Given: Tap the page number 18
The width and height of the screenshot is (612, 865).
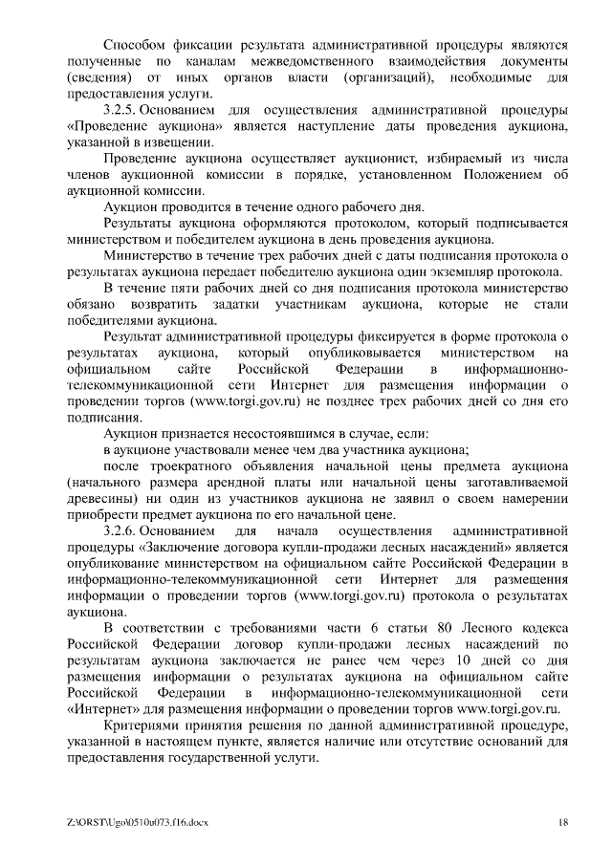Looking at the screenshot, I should click(x=563, y=822).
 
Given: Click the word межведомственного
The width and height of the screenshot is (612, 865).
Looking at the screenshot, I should click(x=308, y=61).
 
